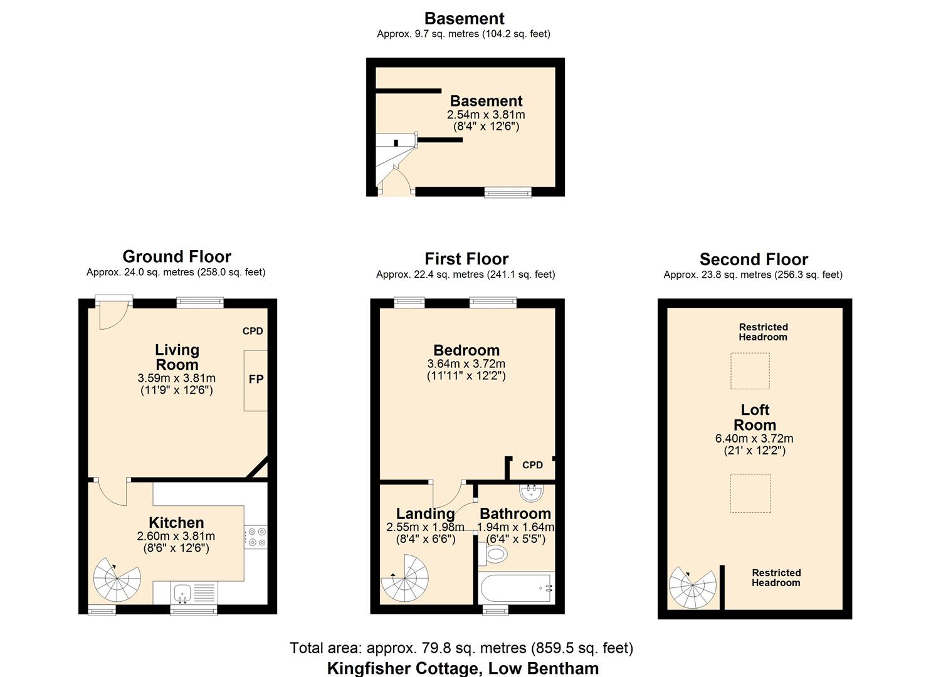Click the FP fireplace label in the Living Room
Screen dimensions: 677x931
tap(256, 379)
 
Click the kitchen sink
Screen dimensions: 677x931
tap(182, 591)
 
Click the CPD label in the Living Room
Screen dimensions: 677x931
tap(253, 331)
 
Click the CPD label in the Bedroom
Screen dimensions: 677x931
tap(532, 465)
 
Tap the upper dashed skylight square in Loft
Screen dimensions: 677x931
tap(750, 370)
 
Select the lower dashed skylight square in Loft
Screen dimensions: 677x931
tap(750, 493)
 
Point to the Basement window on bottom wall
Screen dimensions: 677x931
tap(508, 192)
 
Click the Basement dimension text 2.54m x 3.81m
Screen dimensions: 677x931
tap(486, 115)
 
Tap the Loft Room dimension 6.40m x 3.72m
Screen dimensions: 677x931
tap(754, 439)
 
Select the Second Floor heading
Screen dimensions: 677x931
tap(754, 260)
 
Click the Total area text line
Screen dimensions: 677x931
tap(461, 648)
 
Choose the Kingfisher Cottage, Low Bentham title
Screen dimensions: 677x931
tap(463, 668)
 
